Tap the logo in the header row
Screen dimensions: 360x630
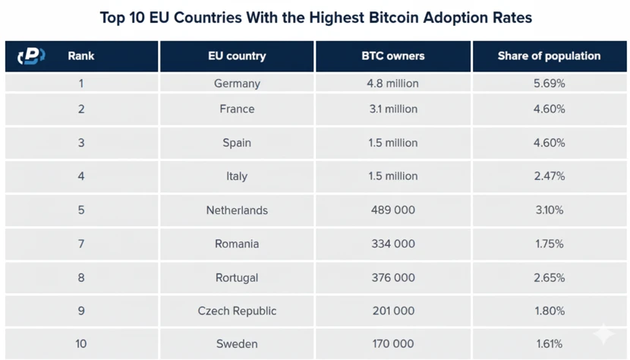point(31,56)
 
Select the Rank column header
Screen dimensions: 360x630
point(81,56)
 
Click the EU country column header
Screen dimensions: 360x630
point(237,56)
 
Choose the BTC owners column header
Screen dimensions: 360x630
point(393,56)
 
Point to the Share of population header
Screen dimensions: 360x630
point(549,56)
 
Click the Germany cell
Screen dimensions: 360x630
point(237,84)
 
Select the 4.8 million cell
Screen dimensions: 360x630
point(393,84)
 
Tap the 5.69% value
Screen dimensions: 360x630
point(549,84)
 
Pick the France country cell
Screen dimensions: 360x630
point(237,109)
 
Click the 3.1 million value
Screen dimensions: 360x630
point(393,109)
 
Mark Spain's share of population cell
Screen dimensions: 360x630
point(549,143)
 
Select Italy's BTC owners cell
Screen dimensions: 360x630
point(393,176)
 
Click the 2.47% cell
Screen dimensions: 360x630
point(549,176)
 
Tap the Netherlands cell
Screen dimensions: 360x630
point(237,210)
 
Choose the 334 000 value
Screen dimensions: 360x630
point(393,244)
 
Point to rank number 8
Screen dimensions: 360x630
point(81,277)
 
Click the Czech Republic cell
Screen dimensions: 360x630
point(237,311)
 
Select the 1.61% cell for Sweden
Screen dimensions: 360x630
point(549,344)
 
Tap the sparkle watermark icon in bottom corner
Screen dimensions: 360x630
point(603,334)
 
